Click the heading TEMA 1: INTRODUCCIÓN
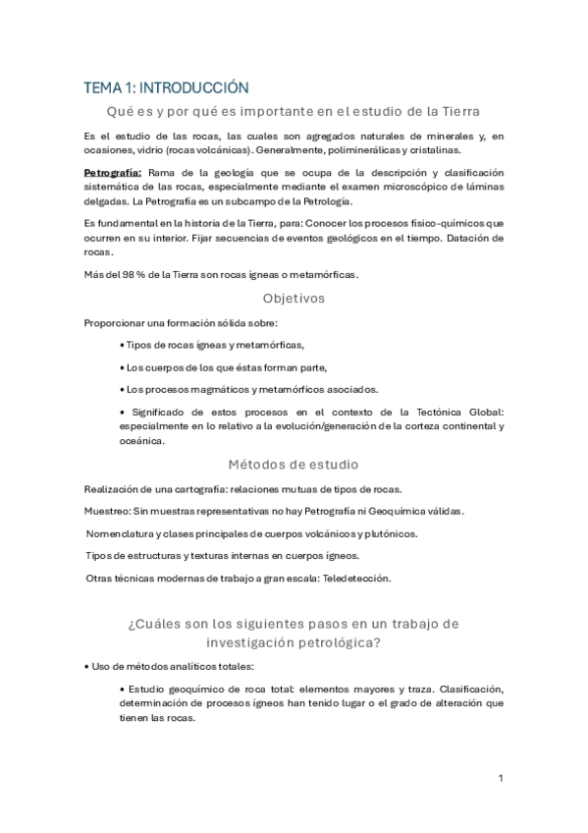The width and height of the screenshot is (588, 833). pos(165,87)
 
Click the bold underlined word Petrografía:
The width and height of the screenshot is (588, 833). pos(113,173)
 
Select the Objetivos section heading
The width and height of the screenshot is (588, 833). pos(294,298)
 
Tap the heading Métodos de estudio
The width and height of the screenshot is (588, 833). pos(294,464)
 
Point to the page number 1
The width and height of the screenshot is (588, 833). pos(501,778)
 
